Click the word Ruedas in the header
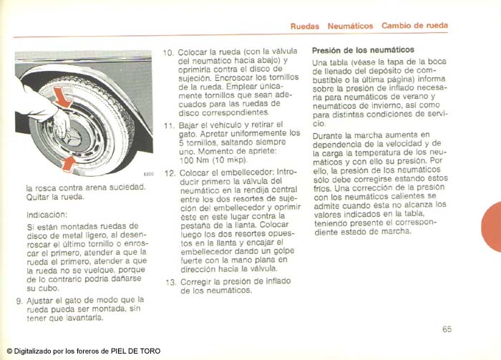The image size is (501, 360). coord(305,26)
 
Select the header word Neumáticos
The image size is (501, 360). coord(350,26)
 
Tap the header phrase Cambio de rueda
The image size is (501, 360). coord(414,26)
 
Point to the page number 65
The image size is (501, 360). coord(447,330)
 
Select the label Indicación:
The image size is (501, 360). coord(47,214)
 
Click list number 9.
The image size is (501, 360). coord(19,300)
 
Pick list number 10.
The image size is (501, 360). coord(169,52)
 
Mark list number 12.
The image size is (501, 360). coord(169,173)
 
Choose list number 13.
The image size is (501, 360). coord(169,282)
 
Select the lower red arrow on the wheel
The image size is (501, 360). coord(69,164)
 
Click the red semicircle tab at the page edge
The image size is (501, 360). coord(492,226)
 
